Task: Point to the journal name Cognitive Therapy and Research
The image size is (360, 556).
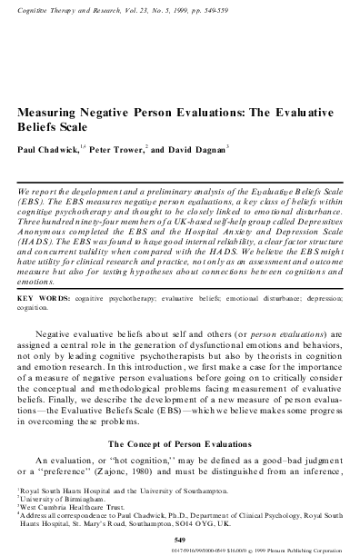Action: (67, 7)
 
